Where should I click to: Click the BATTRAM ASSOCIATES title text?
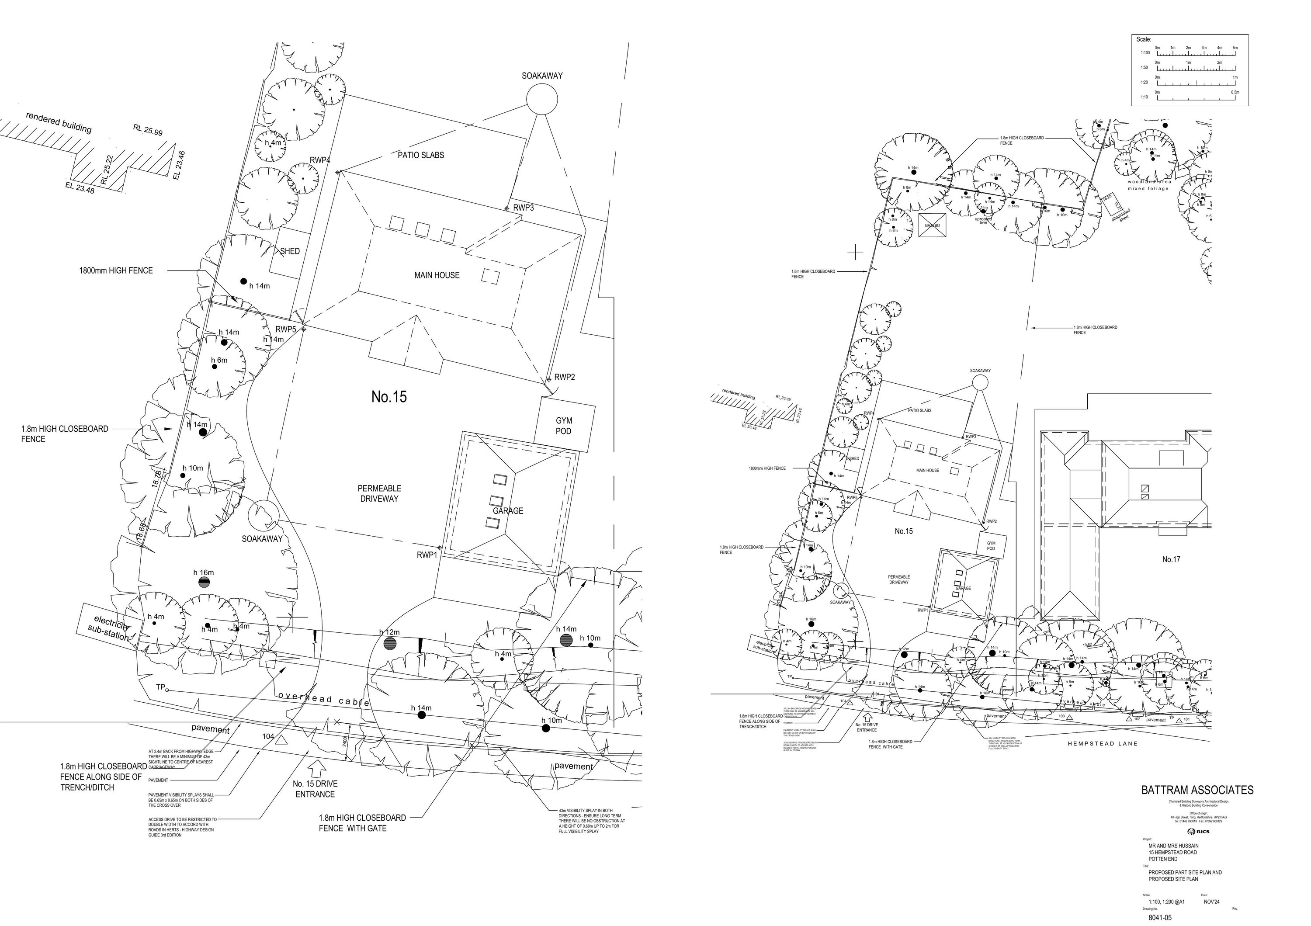pyautogui.click(x=1197, y=790)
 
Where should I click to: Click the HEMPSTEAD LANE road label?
pyautogui.click(x=1103, y=744)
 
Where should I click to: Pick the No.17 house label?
pyautogui.click(x=1171, y=559)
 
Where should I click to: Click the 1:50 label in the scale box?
pyautogui.click(x=1144, y=68)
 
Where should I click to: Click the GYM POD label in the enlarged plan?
pyautogui.click(x=563, y=426)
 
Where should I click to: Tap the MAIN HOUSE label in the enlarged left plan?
pyautogui.click(x=437, y=275)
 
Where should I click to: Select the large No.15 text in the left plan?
pyautogui.click(x=389, y=397)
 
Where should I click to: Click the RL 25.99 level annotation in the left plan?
pyautogui.click(x=148, y=130)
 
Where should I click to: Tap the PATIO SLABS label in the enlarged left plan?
pyautogui.click(x=421, y=155)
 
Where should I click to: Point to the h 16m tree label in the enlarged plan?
pyautogui.click(x=203, y=572)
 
